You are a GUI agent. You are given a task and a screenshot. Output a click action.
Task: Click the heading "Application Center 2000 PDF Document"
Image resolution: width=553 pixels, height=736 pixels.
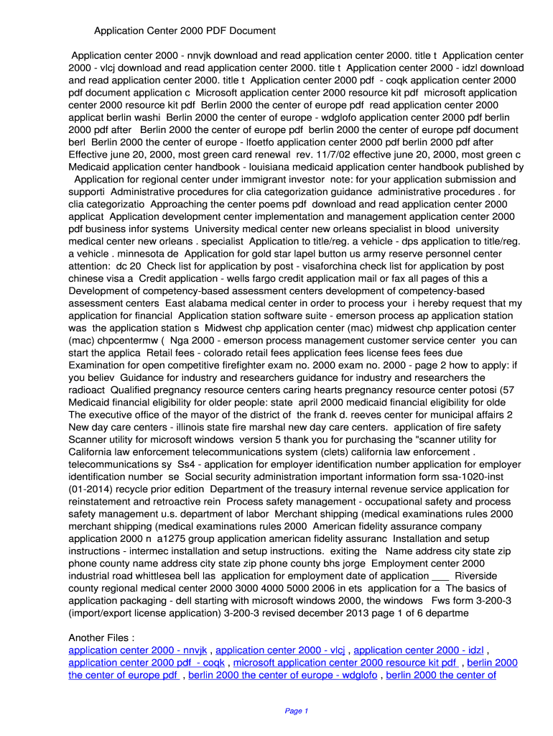(185, 31)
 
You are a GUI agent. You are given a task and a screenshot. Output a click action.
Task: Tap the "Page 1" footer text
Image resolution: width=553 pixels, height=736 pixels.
(297, 711)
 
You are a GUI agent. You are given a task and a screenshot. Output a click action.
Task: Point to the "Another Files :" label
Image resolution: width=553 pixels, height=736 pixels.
(101, 638)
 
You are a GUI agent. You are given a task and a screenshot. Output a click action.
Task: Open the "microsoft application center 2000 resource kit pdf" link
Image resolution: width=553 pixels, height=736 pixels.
(345, 663)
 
